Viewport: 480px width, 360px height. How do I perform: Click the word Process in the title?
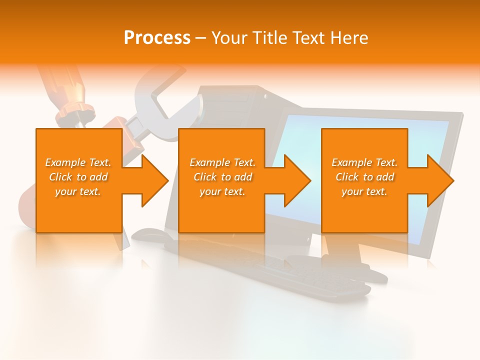pos(157,38)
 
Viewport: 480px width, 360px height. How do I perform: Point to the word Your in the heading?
pos(228,38)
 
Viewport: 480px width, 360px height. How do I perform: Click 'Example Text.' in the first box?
pos(78,162)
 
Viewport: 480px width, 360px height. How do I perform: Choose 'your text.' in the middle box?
pos(222,191)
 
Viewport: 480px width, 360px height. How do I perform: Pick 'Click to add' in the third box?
pos(364,177)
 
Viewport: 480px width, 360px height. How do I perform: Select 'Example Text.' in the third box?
pos(364,162)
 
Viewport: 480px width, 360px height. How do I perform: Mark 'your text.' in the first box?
pos(78,191)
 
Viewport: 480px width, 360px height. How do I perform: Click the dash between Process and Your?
pos(200,38)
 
